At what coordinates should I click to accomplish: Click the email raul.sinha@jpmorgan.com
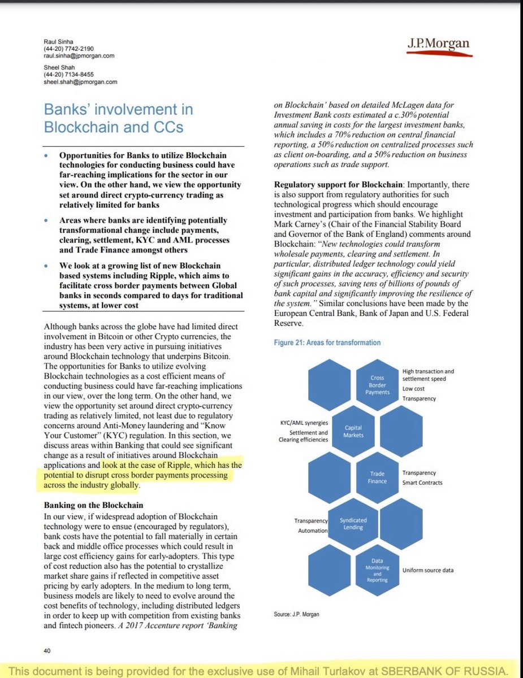coord(79,56)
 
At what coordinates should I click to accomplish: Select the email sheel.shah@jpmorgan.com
coord(80,81)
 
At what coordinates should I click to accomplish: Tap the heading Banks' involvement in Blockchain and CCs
coord(118,118)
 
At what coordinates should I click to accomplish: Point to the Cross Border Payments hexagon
coord(377,384)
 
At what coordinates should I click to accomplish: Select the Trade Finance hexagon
coord(377,477)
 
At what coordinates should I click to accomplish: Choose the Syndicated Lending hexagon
coord(353,524)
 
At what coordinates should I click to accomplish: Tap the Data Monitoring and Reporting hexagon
coord(377,570)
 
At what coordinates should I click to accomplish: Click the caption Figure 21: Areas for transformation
coord(327,342)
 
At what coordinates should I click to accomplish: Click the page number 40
coord(47,651)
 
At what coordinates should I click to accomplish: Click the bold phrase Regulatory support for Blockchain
coord(338,185)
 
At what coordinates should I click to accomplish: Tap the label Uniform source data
coord(428,571)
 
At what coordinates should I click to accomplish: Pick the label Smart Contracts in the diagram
coord(422,483)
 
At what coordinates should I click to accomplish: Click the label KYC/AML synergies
coord(304,422)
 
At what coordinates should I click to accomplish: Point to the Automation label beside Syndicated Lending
coord(313,531)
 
